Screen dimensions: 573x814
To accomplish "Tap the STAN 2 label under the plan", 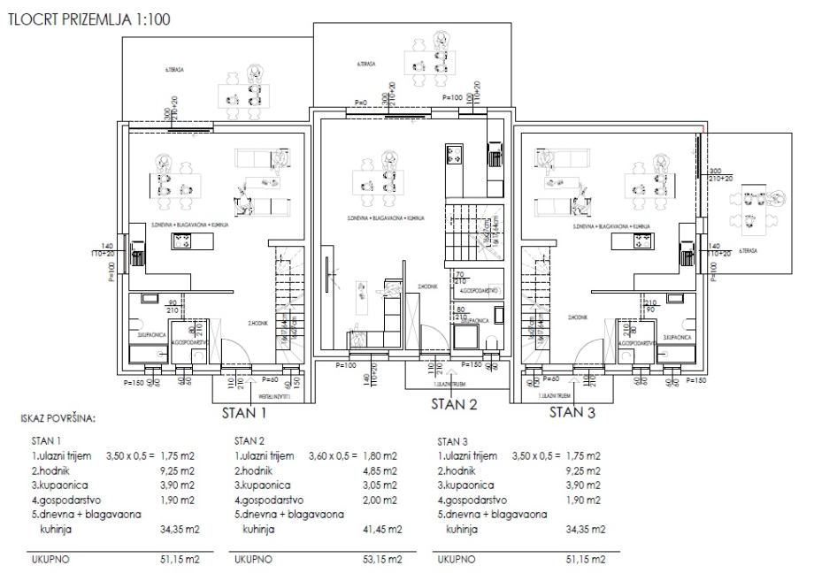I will pos(454,406).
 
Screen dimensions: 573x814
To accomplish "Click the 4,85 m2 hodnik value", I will pos(386,470).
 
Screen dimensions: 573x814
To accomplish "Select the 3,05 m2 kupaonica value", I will pos(386,485).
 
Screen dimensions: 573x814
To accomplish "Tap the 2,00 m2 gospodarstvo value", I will pos(386,500).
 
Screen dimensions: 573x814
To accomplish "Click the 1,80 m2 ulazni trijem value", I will pos(386,456).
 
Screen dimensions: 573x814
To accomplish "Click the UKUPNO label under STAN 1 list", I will pos(50,559).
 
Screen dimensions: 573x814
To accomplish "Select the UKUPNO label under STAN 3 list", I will pos(457,559).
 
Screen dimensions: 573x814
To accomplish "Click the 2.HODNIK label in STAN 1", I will pos(258,323).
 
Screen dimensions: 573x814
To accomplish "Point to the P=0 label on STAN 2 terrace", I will pos(360,103).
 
